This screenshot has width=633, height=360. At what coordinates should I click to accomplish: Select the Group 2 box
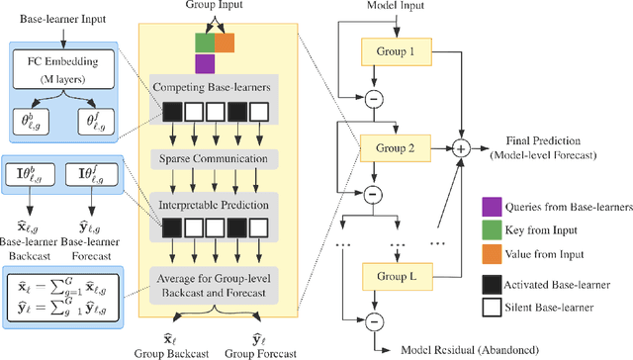click(393, 148)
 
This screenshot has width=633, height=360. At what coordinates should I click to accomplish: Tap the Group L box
click(393, 274)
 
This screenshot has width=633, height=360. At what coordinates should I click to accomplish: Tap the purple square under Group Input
click(206, 64)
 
